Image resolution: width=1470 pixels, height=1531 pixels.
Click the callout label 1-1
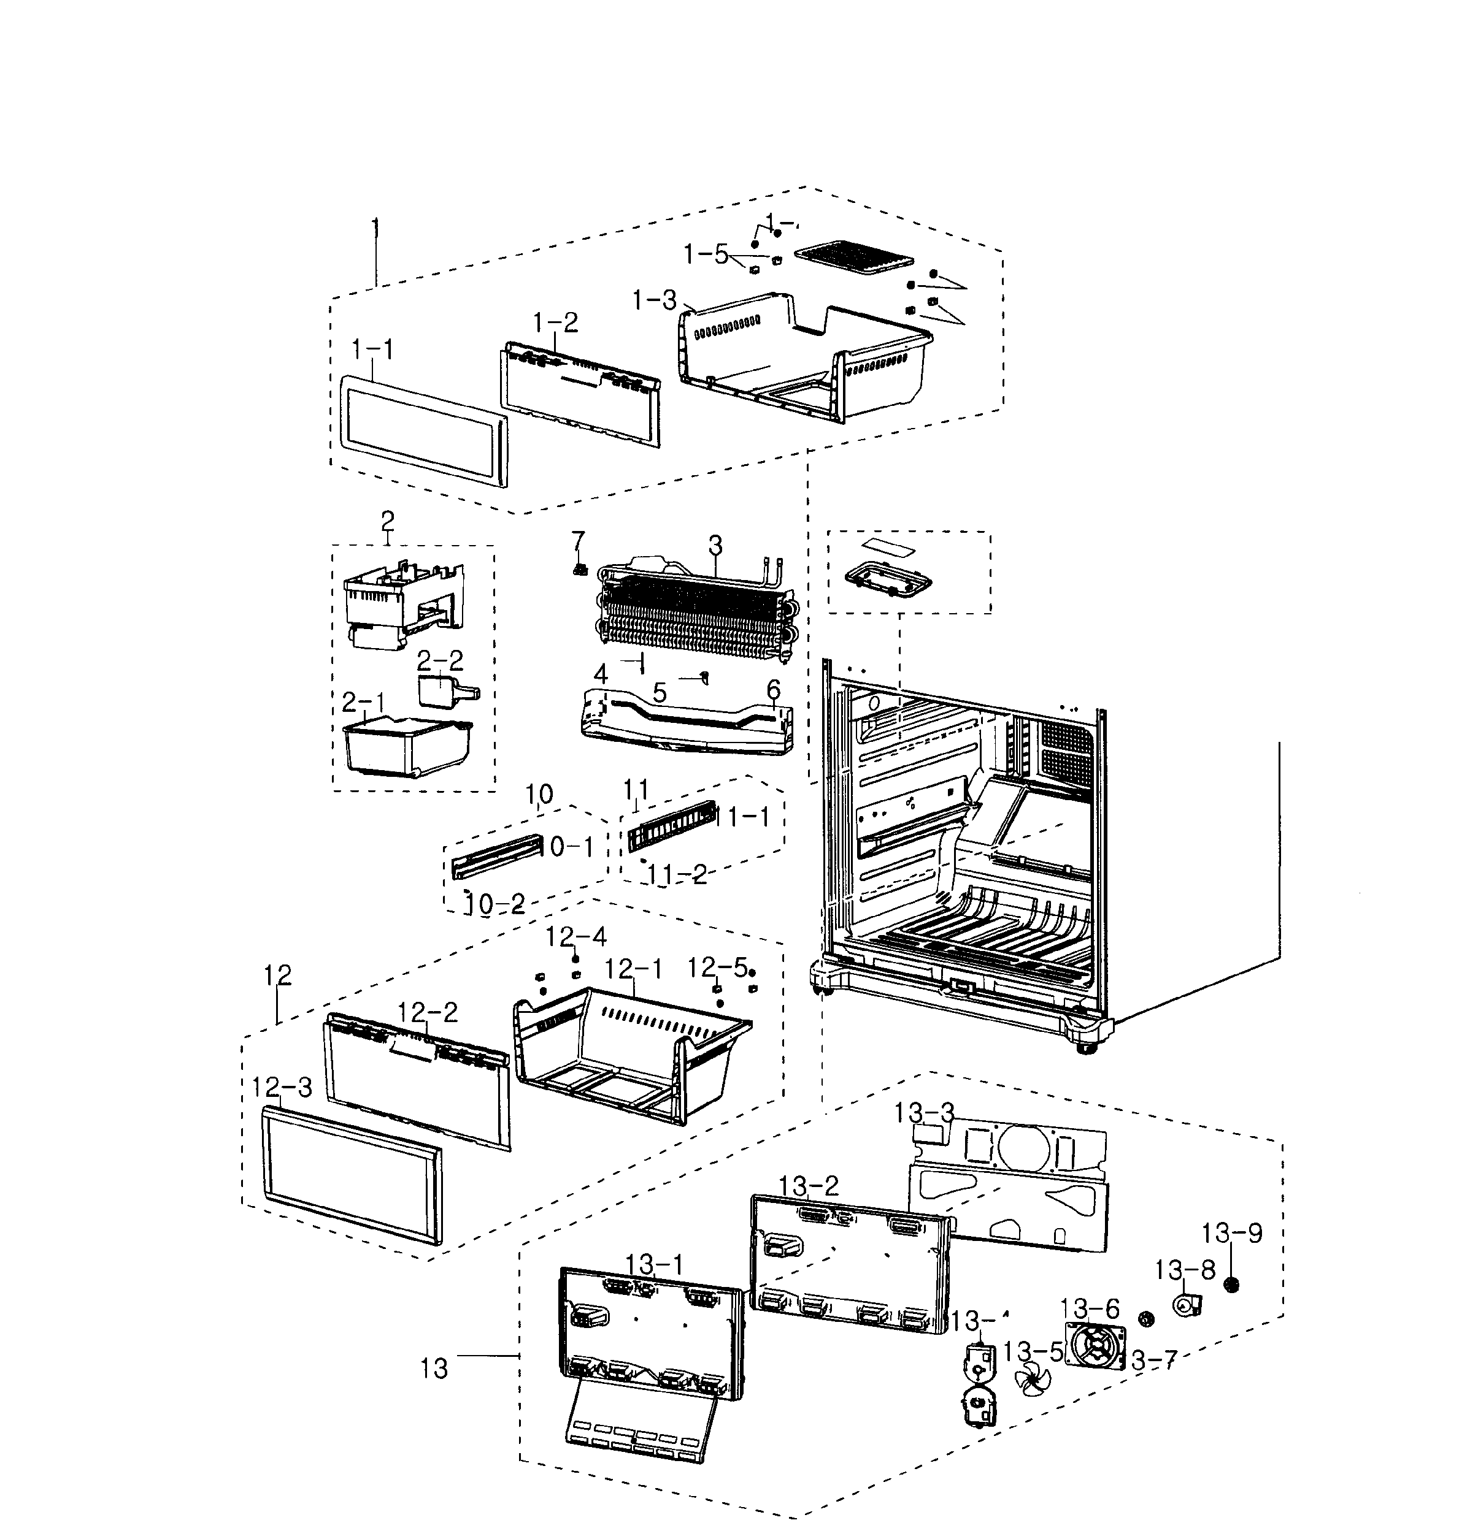(x=373, y=349)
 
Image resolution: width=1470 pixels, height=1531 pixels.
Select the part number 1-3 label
(x=654, y=299)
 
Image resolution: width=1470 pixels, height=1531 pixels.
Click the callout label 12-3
(x=282, y=1086)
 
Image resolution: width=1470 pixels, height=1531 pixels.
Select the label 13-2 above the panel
(x=808, y=1185)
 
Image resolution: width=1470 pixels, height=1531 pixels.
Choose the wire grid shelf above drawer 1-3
(x=853, y=257)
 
